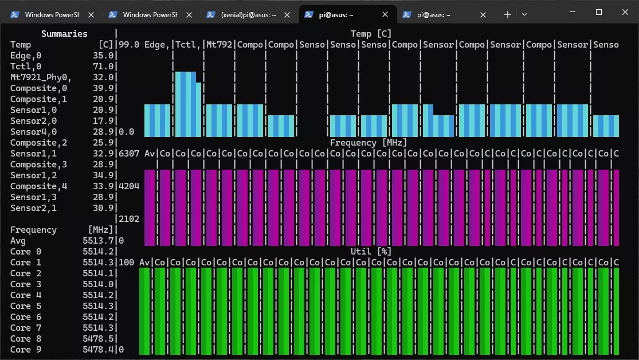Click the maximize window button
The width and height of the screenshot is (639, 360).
pyautogui.click(x=599, y=13)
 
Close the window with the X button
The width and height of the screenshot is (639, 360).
pyautogui.click(x=625, y=13)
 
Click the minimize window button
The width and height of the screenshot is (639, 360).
pyautogui.click(x=573, y=13)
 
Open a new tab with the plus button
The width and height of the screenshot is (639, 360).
pyautogui.click(x=508, y=15)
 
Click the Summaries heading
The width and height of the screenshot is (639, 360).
pyautogui.click(x=64, y=34)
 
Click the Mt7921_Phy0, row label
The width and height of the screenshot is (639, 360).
pyautogui.click(x=40, y=77)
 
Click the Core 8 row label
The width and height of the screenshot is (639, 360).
pyautogui.click(x=26, y=339)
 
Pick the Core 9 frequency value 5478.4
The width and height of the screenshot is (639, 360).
pyautogui.click(x=98, y=350)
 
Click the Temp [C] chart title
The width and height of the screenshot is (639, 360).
pyautogui.click(x=371, y=34)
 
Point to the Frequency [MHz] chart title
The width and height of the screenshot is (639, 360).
pyautogui.click(x=368, y=143)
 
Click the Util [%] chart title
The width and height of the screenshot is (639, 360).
pyautogui.click(x=371, y=252)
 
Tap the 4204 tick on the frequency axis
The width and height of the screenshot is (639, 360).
pyautogui.click(x=129, y=186)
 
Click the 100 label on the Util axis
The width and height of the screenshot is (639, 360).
pyautogui.click(x=127, y=263)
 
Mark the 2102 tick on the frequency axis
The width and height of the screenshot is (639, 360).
pyautogui.click(x=129, y=219)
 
